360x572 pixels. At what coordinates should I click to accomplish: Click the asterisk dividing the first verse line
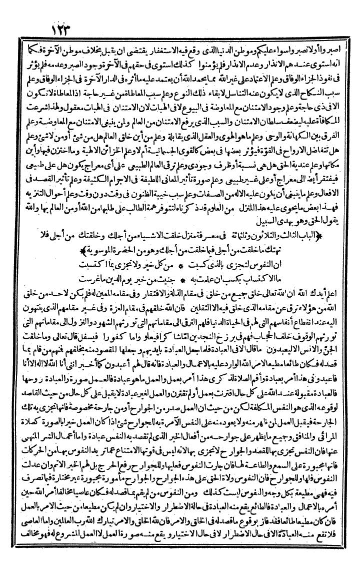point(180,263)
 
